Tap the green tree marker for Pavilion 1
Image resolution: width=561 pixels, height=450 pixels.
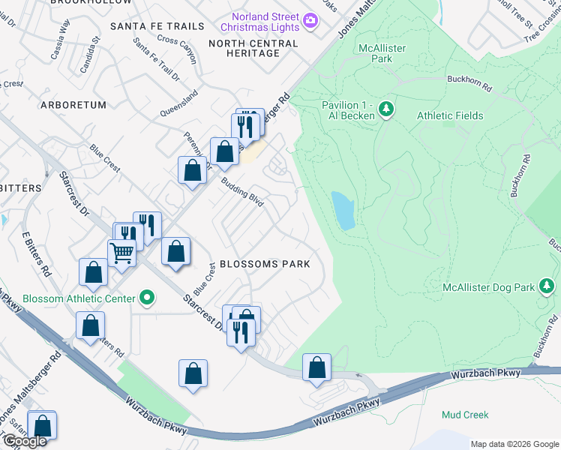[x=386, y=109]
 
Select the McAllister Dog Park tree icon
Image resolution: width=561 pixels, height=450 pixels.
[x=547, y=286]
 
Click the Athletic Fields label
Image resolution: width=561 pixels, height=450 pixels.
[x=450, y=115]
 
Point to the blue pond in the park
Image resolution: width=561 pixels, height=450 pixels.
[x=343, y=210]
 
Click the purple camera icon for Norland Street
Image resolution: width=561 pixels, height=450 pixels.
[x=310, y=22]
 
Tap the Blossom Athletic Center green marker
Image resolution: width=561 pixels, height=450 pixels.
[x=148, y=298]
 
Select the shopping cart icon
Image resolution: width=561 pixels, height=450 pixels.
[x=121, y=253]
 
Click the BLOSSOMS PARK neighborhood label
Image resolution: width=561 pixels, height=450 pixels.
[x=265, y=264]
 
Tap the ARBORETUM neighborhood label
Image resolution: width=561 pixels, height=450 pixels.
[x=73, y=105]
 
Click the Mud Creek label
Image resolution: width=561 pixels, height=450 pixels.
[x=465, y=415]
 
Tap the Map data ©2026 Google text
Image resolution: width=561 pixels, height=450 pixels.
[x=514, y=443]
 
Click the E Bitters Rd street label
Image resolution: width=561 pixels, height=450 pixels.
[x=36, y=253]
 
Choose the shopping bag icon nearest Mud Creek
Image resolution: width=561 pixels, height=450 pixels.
[x=317, y=367]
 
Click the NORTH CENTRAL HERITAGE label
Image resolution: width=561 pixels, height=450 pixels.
[x=253, y=48]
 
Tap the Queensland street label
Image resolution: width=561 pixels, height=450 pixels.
[x=179, y=104]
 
